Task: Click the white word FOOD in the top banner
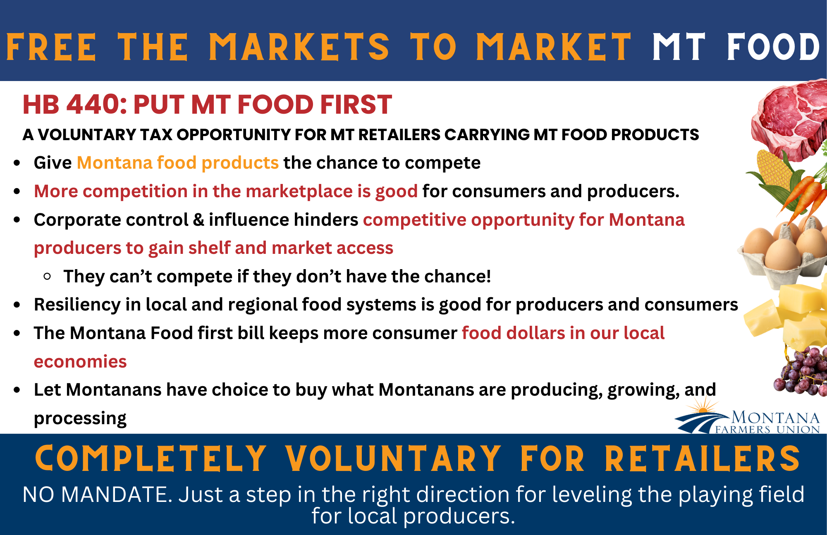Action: (773, 47)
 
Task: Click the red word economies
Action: (80, 362)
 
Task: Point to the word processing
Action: (80, 419)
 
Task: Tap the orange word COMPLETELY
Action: (151, 459)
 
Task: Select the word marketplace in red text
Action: (299, 192)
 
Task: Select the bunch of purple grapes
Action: (800, 370)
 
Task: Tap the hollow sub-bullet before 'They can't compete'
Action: (47, 276)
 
